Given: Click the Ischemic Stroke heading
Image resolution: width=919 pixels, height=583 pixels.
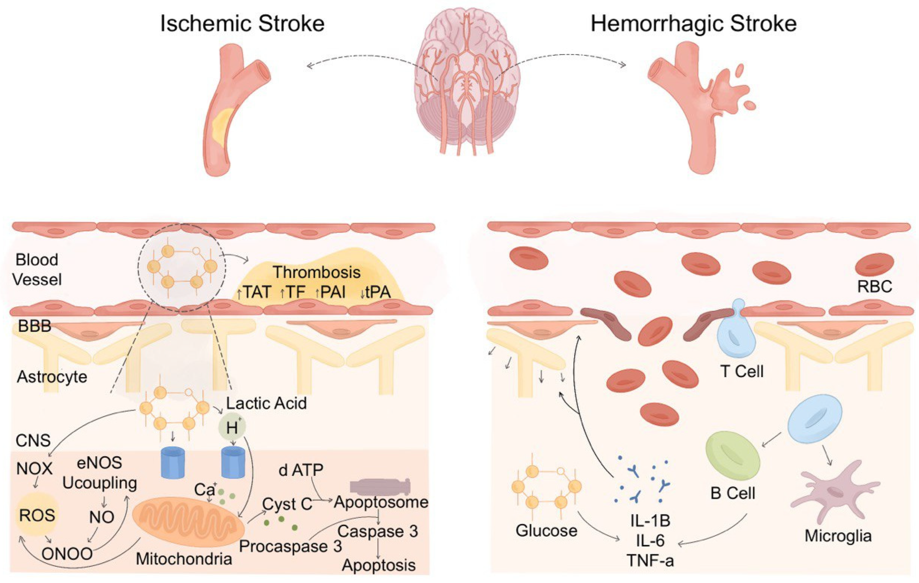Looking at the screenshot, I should click(x=242, y=24).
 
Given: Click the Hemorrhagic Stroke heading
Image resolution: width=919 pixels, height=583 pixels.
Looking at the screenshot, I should click(x=693, y=24).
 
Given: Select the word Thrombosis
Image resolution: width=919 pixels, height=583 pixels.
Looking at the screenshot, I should click(x=317, y=272).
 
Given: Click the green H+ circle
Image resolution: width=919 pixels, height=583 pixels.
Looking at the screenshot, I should click(x=232, y=427).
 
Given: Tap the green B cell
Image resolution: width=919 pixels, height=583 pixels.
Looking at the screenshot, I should click(x=733, y=458).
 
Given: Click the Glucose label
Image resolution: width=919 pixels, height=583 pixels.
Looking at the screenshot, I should click(x=546, y=530).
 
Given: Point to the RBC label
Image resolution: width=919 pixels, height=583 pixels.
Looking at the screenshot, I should click(x=874, y=286).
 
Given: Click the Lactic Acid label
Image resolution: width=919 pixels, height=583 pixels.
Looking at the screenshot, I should click(x=266, y=403).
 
